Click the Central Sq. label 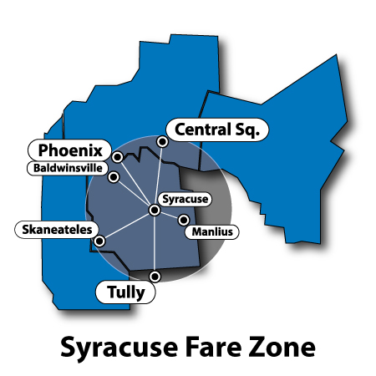[216, 130]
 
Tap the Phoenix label [71, 151]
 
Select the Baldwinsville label [67, 168]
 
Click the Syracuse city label [185, 200]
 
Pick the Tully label [126, 292]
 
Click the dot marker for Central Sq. [162, 143]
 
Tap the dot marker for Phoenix [118, 157]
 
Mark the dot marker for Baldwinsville [113, 177]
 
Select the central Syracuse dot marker [155, 210]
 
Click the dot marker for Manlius [184, 221]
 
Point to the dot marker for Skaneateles [100, 241]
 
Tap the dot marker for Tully [155, 276]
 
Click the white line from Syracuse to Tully [155, 244]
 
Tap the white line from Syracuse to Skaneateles [127, 226]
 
